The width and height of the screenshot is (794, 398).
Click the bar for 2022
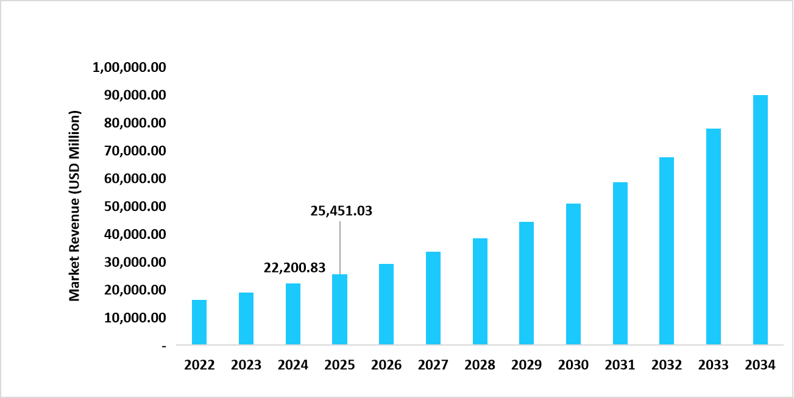click(x=199, y=322)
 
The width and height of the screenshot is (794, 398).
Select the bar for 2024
click(x=292, y=314)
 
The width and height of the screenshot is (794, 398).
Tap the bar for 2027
click(x=433, y=298)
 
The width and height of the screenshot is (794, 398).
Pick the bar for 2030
click(x=573, y=274)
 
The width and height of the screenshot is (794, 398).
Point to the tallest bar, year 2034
click(x=760, y=220)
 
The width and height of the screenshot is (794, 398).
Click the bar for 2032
click(x=667, y=251)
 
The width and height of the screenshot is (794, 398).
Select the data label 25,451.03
click(x=341, y=211)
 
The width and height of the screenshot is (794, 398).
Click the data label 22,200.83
click(x=294, y=268)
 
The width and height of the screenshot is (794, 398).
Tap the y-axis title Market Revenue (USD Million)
click(x=74, y=206)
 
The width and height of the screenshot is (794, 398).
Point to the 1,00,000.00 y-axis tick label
click(x=129, y=67)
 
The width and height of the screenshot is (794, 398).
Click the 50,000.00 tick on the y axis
click(x=132, y=207)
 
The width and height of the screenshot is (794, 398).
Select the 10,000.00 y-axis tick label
click(x=132, y=318)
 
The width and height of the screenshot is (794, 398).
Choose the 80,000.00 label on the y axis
click(x=132, y=123)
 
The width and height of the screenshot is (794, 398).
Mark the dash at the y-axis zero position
click(x=163, y=346)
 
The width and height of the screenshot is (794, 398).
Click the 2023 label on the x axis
click(x=246, y=365)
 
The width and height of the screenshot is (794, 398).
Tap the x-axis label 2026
click(x=386, y=365)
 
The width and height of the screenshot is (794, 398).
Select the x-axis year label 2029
click(x=526, y=365)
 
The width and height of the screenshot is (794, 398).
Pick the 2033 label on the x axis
click(x=714, y=365)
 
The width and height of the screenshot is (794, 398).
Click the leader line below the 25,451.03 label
click(x=340, y=247)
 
